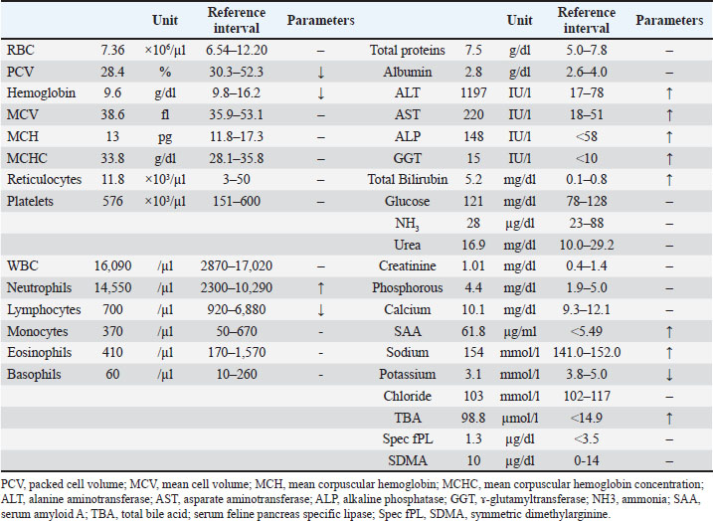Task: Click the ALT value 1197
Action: [473, 93]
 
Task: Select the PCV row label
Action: [21, 72]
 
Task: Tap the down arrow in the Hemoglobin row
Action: [321, 93]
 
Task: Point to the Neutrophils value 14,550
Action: [112, 287]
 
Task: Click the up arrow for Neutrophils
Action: [321, 287]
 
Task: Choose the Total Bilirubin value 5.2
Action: [473, 180]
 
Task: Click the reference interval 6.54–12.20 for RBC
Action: [237, 50]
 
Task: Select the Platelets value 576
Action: [112, 202]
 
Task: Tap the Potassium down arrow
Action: [669, 375]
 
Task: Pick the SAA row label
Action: [408, 331]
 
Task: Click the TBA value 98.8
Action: [473, 418]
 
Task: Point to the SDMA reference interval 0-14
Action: [587, 461]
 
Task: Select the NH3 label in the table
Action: [408, 224]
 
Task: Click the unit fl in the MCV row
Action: [165, 114]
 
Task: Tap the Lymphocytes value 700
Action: [112, 309]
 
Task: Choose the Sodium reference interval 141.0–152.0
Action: [587, 353]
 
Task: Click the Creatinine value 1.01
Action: [473, 265]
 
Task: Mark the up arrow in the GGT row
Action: [669, 159]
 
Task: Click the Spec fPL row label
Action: [408, 439]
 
